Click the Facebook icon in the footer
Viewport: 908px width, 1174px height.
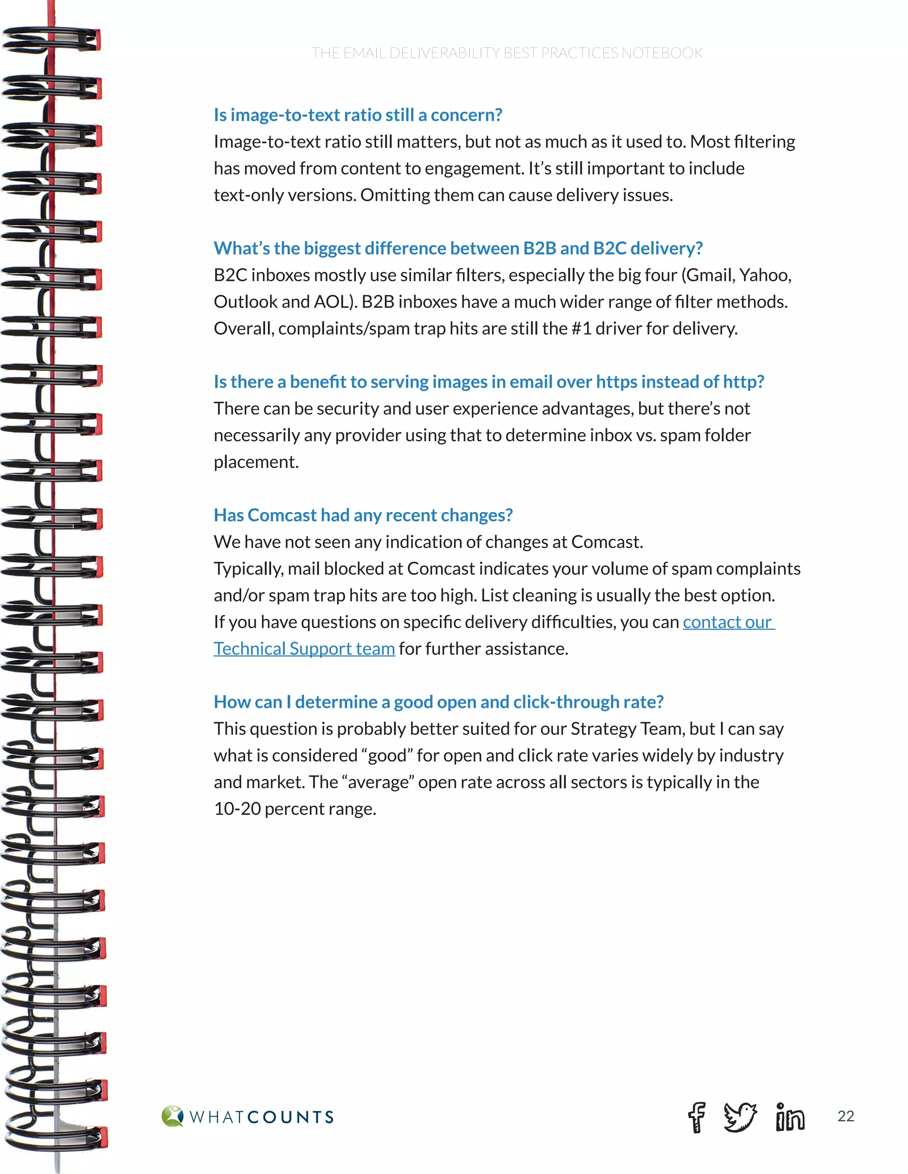697,1117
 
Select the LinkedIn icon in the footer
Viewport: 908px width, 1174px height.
790,1117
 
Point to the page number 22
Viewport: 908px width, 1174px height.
845,1116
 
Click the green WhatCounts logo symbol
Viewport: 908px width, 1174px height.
172,1116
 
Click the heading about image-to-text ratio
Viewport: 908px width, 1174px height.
358,115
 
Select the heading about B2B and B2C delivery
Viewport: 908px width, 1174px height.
458,249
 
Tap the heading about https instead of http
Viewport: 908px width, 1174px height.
489,381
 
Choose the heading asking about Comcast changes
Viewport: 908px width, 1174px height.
363,515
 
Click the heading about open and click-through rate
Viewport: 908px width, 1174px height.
438,702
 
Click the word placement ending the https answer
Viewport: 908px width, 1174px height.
256,462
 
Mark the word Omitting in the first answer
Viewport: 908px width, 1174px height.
395,195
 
